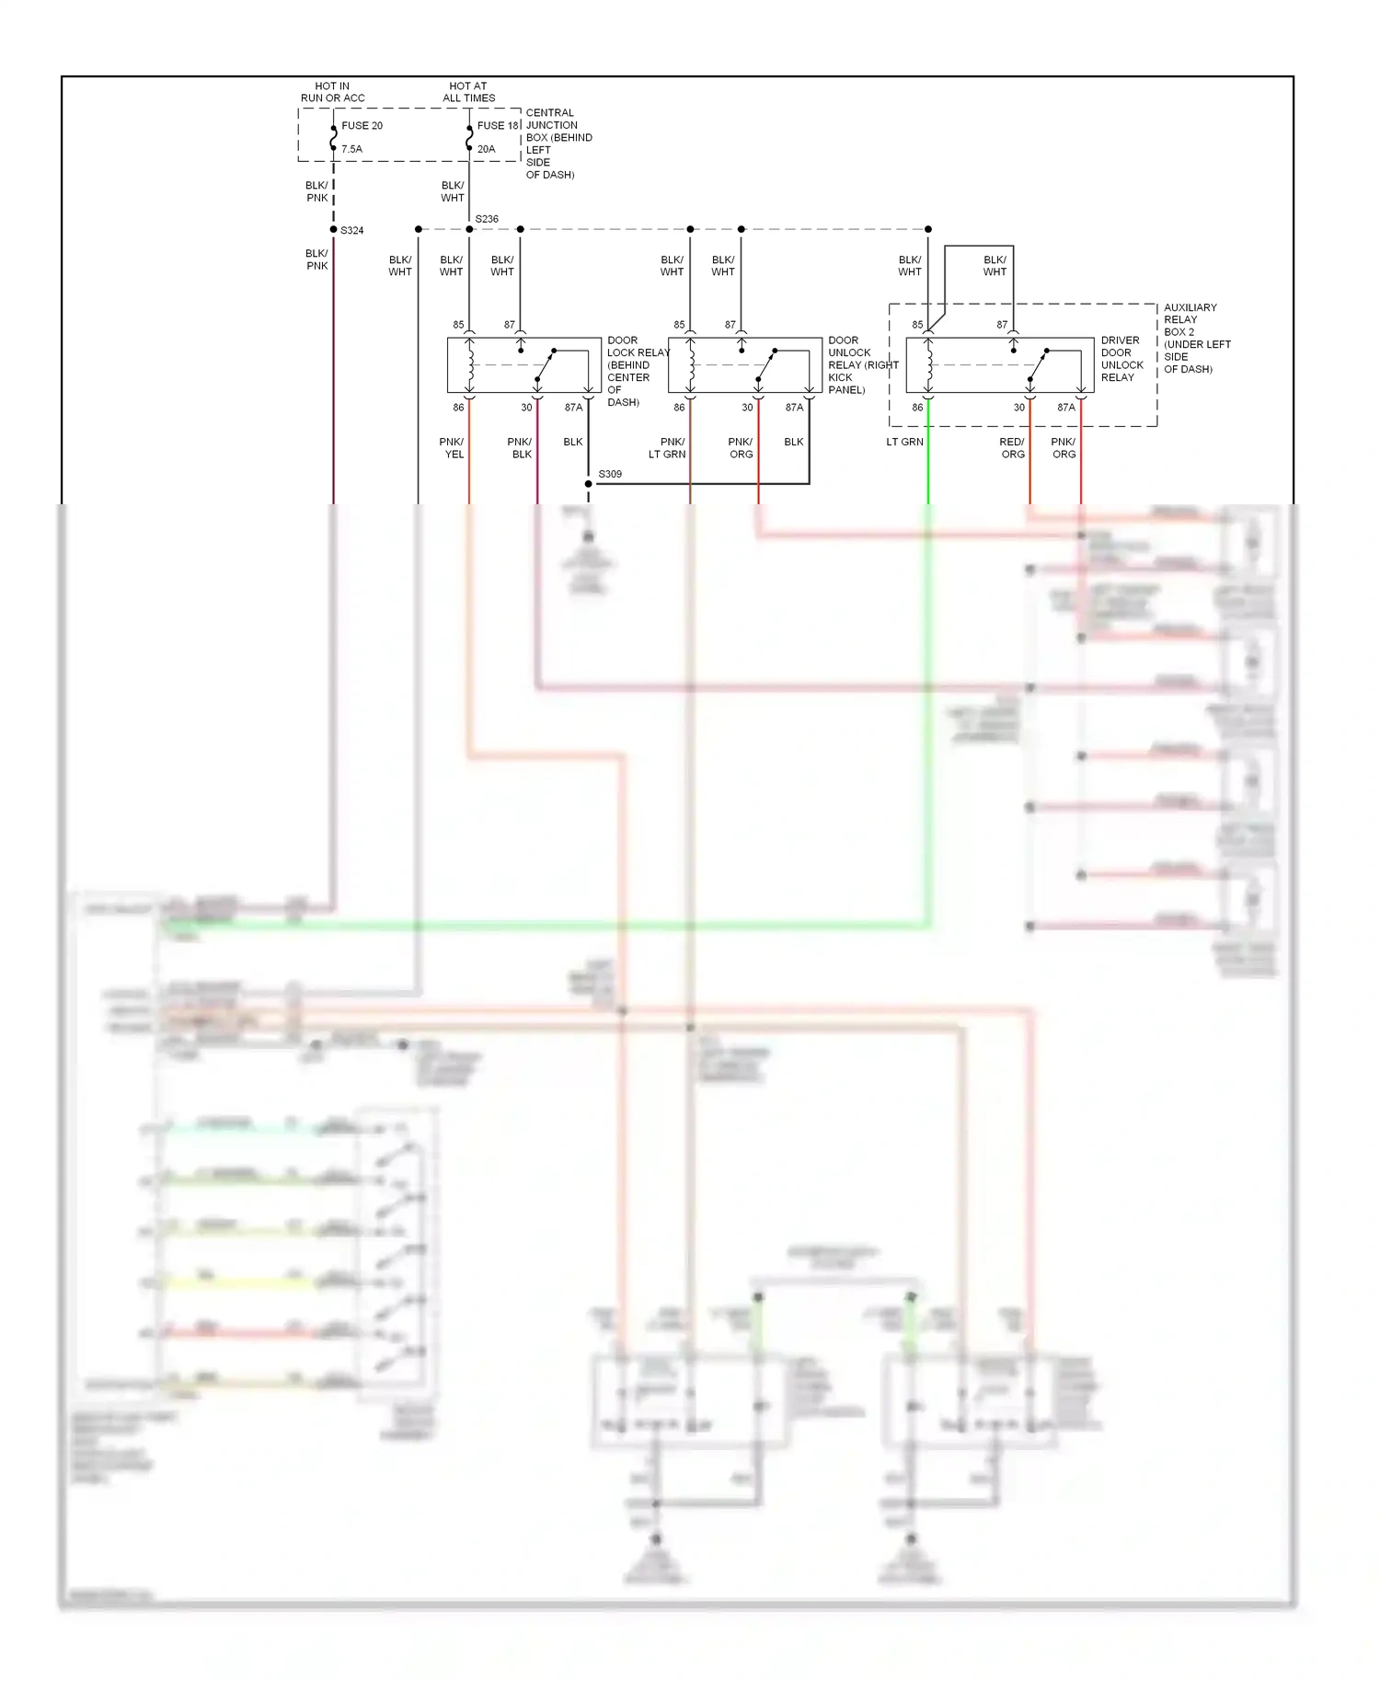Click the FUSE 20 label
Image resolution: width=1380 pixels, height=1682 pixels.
coord(362,125)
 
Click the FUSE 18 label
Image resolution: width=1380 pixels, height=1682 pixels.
coord(498,125)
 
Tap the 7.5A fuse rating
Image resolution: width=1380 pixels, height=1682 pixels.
coord(351,149)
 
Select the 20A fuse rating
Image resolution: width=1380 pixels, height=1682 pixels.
coord(486,149)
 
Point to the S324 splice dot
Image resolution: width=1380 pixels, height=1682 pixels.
coord(333,229)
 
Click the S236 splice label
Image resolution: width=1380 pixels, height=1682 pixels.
coord(487,219)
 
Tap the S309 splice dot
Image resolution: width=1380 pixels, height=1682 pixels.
coord(589,484)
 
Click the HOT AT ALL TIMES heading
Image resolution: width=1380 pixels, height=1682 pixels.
coord(468,92)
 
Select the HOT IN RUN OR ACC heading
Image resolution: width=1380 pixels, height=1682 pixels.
coord(332,92)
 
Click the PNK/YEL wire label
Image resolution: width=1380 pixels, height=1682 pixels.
coord(452,448)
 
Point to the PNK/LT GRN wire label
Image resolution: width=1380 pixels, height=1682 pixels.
coord(667,448)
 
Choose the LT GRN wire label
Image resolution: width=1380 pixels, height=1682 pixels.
coord(904,442)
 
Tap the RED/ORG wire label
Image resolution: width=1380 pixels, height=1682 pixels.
coord(1012,448)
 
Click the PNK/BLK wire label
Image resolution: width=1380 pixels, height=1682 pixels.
coord(520,448)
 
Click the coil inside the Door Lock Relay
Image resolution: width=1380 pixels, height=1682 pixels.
coord(470,364)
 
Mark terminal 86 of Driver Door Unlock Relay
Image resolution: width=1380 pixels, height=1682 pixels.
coord(917,408)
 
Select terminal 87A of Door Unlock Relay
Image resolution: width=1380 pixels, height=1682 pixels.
coord(794,408)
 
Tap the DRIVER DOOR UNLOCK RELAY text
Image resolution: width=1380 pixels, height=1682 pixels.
coord(1121,359)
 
